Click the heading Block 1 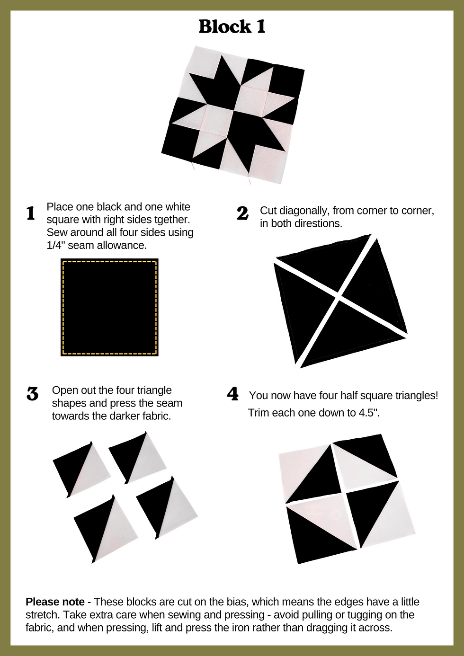232,27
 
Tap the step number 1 31,213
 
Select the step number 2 242,213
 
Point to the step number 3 33,394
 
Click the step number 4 232,394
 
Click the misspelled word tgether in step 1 172,219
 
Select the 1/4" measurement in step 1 56,245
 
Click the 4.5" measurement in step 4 369,413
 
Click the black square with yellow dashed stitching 109,307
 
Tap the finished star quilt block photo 233,115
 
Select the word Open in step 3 64,390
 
